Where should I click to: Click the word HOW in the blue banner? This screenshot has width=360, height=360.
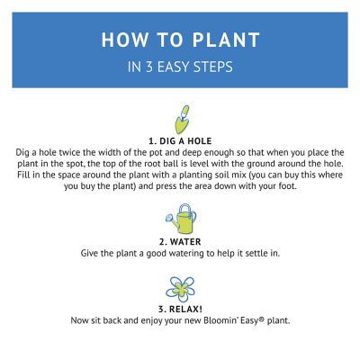pos(122,40)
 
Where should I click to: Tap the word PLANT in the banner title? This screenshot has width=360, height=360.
pos(225,40)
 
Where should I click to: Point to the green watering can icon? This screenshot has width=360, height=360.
pos(181,219)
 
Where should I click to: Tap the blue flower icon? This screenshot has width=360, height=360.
pos(181,289)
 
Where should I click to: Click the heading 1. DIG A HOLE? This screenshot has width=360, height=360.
pos(180,141)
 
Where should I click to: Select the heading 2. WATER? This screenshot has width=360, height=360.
pos(180,241)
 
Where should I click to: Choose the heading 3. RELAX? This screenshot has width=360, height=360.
pos(180,309)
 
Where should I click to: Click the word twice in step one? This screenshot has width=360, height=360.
pos(73,154)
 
